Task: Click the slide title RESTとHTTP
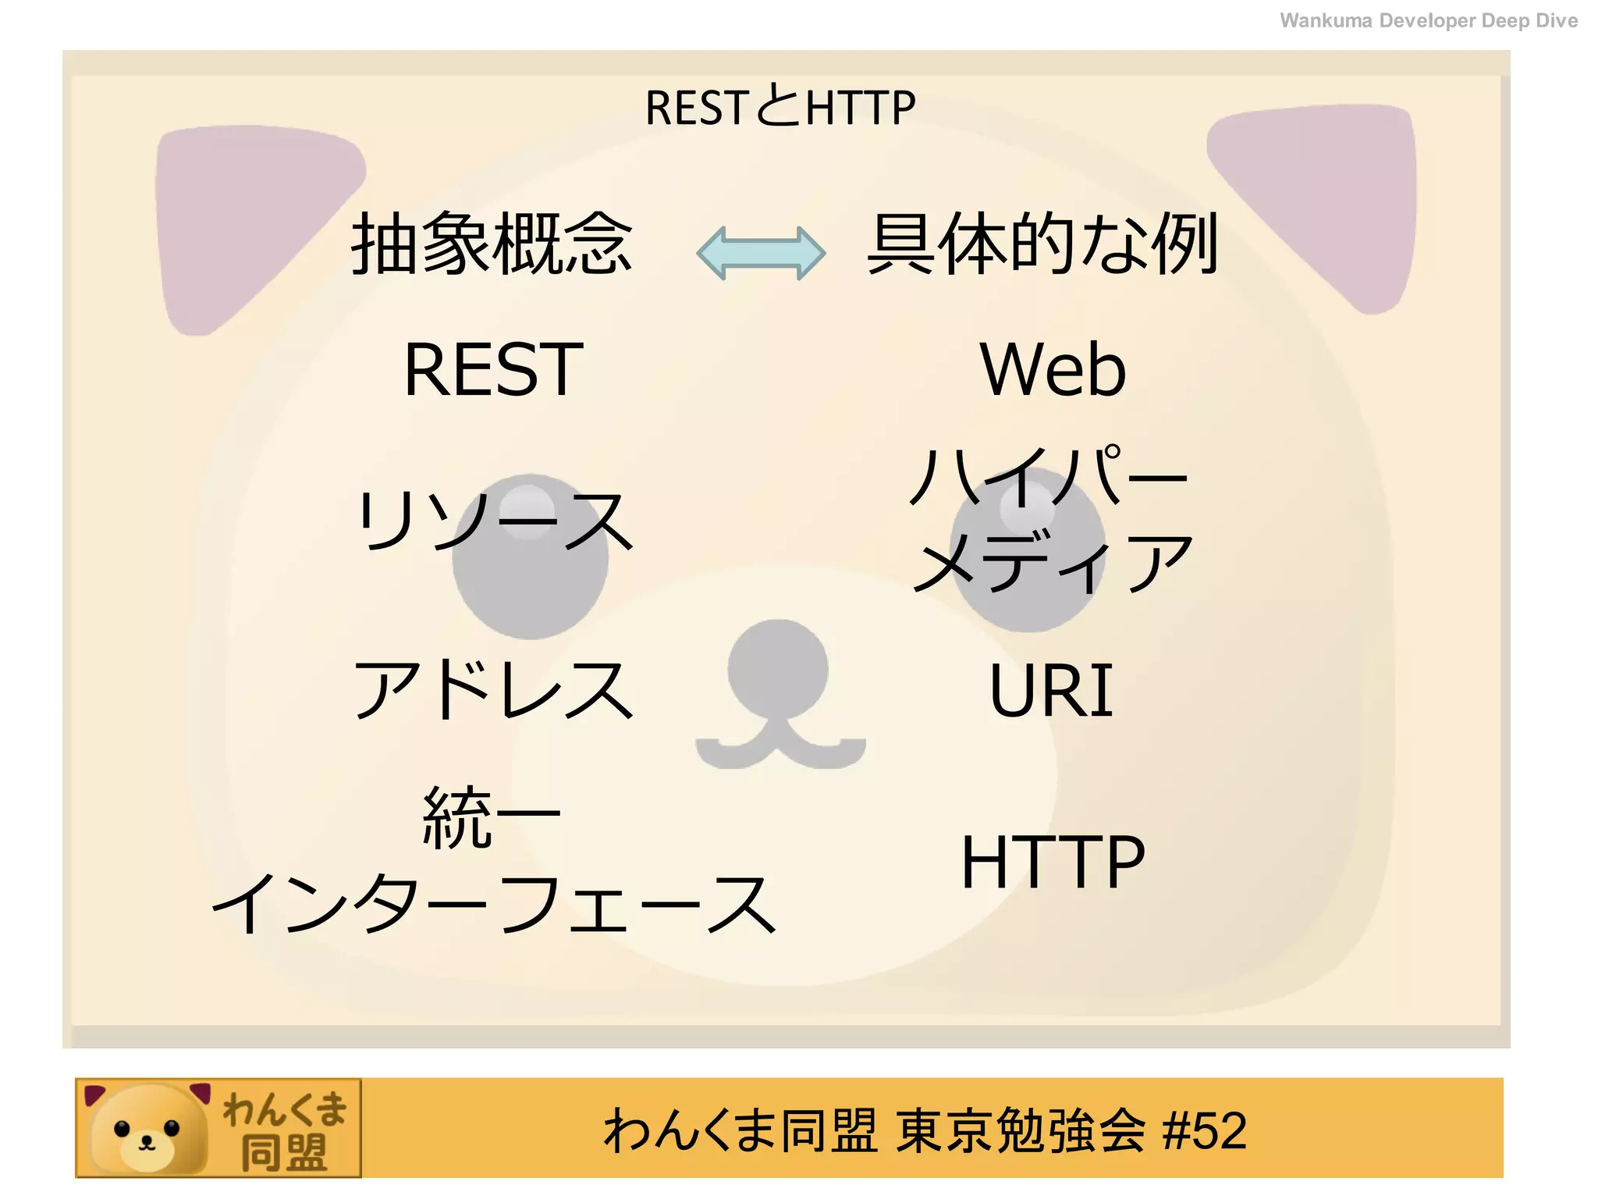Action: click(x=780, y=108)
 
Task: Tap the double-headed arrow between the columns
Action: click(x=761, y=252)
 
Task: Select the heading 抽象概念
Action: click(x=492, y=244)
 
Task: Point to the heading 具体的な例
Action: click(x=1042, y=244)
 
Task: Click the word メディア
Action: click(x=1053, y=562)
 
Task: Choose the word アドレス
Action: click(x=493, y=688)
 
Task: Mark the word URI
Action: click(x=1051, y=690)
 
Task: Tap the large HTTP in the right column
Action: click(x=1053, y=862)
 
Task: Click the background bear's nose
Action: click(x=778, y=670)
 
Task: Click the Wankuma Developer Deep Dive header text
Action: click(x=1428, y=21)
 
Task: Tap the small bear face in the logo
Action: click(x=147, y=1130)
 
